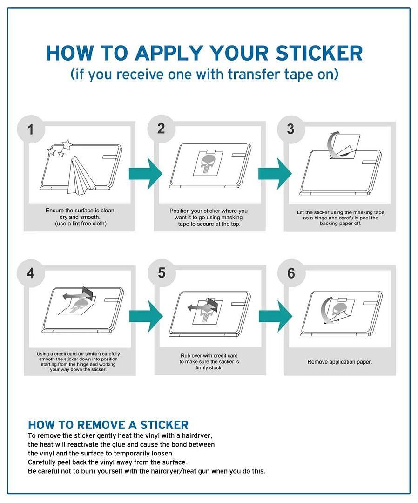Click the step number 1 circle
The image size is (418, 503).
tap(31, 129)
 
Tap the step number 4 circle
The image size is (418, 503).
tap(31, 273)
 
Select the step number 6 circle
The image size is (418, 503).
tap(291, 273)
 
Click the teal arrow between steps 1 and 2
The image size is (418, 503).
tap(145, 174)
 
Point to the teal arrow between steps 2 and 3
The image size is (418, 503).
tap(275, 174)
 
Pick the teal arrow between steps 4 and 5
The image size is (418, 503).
tap(146, 316)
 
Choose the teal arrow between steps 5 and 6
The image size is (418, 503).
tap(276, 316)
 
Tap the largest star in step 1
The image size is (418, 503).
tap(67, 145)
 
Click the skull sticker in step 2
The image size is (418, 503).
tap(208, 163)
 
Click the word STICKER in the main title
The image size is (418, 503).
tap(319, 53)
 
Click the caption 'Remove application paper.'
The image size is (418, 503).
tap(339, 362)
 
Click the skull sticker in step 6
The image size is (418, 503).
tap(340, 311)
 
